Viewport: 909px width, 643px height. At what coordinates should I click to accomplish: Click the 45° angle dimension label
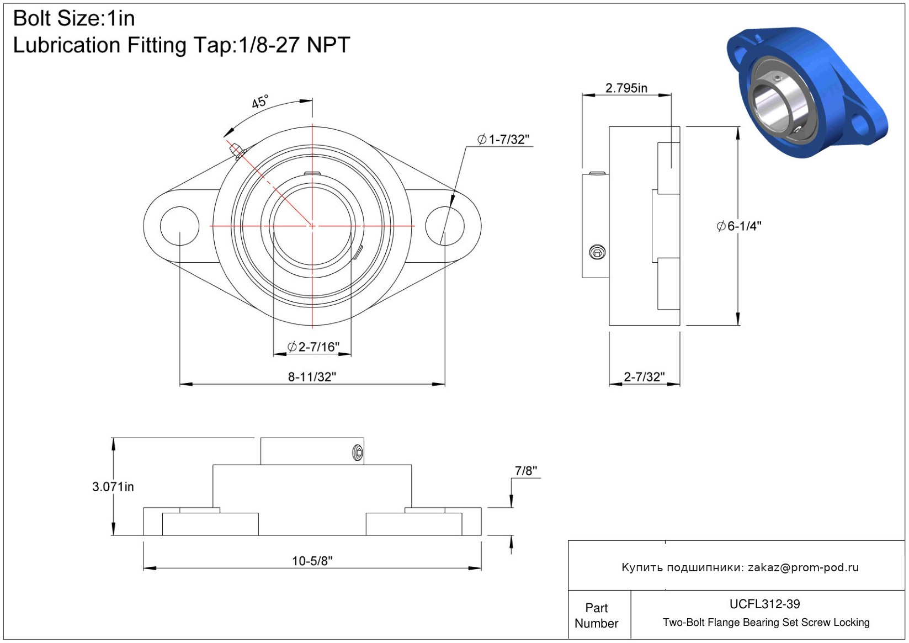pos(260,102)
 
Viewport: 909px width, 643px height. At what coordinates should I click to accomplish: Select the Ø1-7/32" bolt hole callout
pos(503,140)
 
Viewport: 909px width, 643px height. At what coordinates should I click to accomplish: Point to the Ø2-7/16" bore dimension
pos(313,347)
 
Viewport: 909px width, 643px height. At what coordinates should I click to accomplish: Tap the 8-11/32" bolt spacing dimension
pos(312,377)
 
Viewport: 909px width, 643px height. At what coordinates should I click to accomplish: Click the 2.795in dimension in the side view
pos(626,88)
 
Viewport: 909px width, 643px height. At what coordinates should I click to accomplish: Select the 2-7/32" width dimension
pos(644,377)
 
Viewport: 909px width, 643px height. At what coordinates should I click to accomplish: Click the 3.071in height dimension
pos(113,487)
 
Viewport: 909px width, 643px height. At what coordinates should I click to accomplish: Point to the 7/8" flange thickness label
pos(526,471)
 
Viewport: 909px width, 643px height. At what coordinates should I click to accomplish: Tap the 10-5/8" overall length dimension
pos(312,561)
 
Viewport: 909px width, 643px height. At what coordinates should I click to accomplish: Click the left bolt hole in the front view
pos(179,226)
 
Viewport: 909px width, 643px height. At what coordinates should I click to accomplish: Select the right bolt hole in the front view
pos(445,226)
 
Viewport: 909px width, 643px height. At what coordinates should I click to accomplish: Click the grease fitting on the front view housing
pos(237,151)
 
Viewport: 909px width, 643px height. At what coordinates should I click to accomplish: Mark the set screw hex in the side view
pos(597,252)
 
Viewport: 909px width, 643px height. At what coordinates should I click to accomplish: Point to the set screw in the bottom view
pos(358,453)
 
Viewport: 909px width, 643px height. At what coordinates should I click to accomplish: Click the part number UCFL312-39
pos(764,604)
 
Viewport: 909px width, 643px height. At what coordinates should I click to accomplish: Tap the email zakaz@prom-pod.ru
pos(803,567)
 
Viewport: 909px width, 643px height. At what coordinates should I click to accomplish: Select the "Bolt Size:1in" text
pos(74,19)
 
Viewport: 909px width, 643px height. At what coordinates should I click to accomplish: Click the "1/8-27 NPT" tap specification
pos(294,45)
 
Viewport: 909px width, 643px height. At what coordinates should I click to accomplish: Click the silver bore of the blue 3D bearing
pos(773,105)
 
